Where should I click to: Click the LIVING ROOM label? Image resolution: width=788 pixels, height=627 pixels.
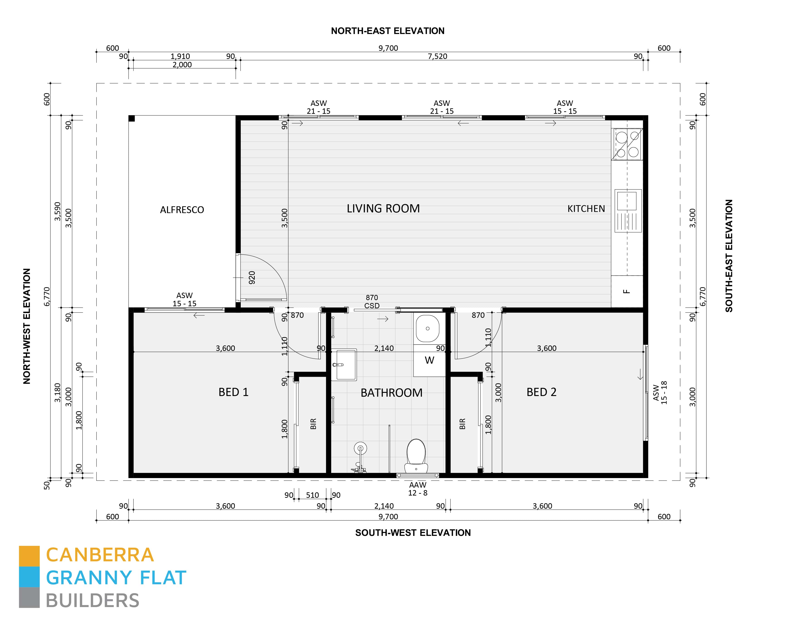[383, 209]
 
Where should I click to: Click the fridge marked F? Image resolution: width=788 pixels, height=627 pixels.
[627, 292]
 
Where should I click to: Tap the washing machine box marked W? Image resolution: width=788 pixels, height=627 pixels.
[429, 360]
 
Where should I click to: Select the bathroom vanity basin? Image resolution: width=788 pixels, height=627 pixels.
[344, 365]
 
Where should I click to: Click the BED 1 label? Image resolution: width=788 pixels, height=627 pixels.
[233, 392]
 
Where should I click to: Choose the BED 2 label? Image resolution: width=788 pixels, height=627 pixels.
[541, 392]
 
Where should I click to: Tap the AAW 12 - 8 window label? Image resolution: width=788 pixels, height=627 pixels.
[417, 489]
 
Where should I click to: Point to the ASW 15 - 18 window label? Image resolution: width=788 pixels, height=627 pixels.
[660, 393]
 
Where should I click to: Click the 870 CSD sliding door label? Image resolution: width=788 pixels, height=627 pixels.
[372, 302]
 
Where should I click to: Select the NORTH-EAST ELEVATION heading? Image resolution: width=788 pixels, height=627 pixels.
[387, 31]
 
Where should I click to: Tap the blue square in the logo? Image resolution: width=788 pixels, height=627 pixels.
[29, 577]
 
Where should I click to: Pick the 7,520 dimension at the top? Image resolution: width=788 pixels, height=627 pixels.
[437, 56]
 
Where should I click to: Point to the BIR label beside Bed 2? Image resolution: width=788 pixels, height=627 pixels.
[462, 424]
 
